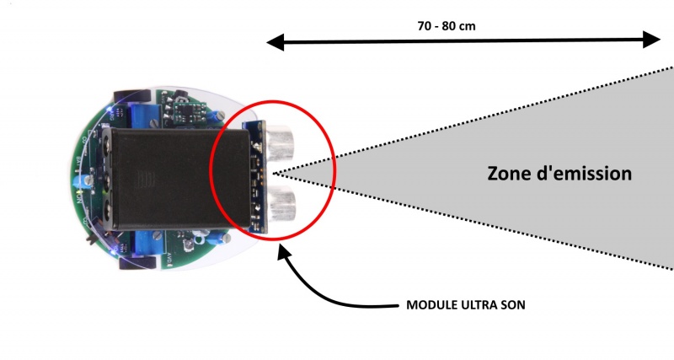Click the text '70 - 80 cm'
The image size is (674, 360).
tap(447, 25)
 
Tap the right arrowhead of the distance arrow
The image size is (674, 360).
tap(652, 40)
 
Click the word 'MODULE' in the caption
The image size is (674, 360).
tap(427, 304)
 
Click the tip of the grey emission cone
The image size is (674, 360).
tap(276, 173)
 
